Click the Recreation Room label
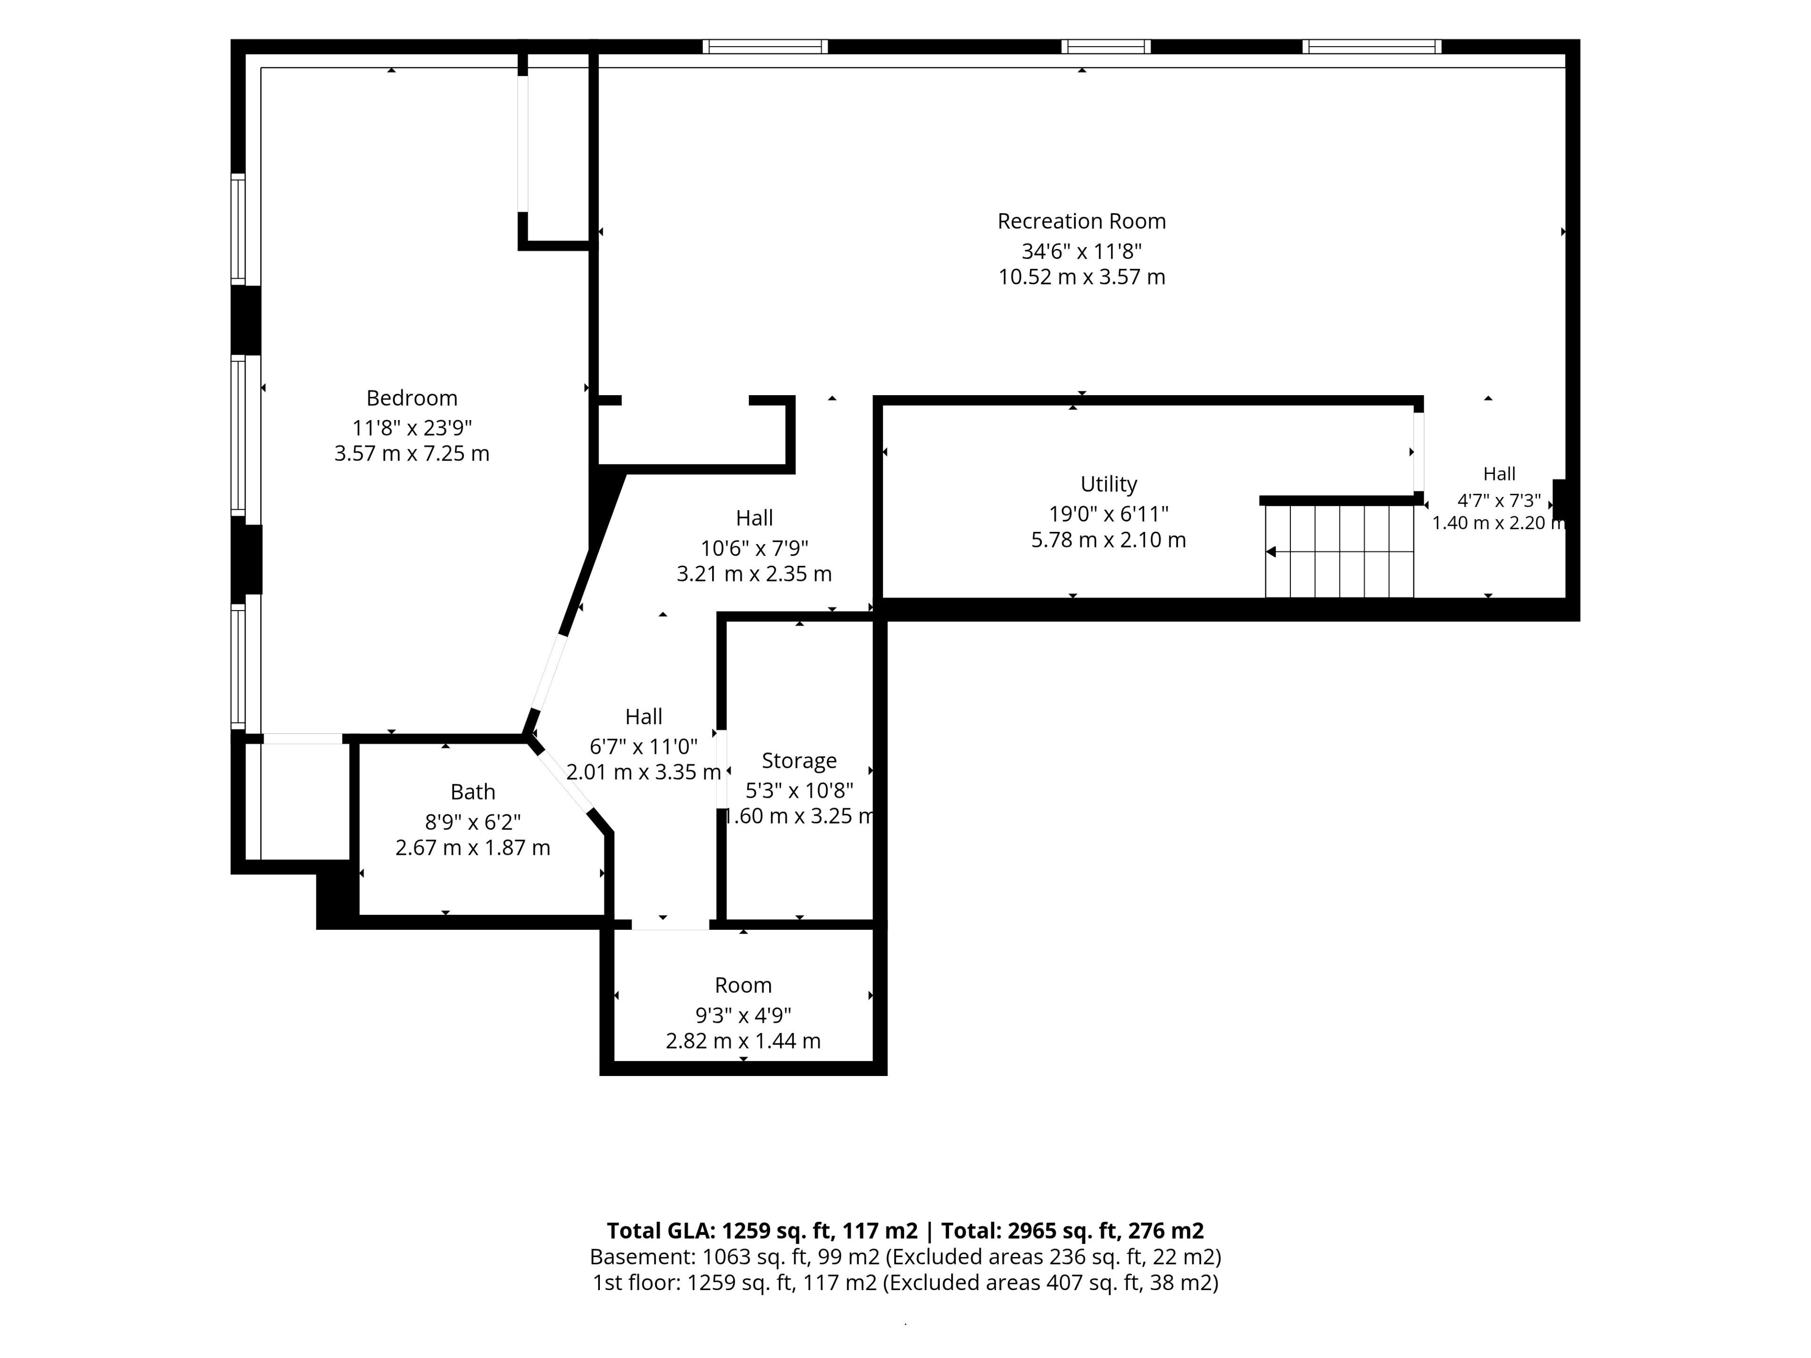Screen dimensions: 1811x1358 pos(1081,221)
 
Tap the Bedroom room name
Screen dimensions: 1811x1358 pos(412,398)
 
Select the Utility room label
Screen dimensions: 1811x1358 pos(1109,484)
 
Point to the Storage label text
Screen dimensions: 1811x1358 pos(799,761)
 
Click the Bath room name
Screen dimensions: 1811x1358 pos(473,792)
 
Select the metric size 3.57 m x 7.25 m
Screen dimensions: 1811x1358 pos(412,454)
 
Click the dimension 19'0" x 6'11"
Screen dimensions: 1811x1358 pos(1109,514)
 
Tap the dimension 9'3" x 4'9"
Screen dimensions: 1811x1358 pos(743,1015)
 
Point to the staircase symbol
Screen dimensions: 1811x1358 pos(1339,551)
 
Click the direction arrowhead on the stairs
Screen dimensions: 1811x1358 pos(1271,552)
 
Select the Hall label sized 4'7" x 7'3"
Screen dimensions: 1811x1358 pos(1499,473)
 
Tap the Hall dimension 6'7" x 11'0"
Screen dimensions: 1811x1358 pos(643,746)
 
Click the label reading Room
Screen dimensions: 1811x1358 pos(743,985)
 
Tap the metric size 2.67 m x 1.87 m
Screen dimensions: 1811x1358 pos(473,848)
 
